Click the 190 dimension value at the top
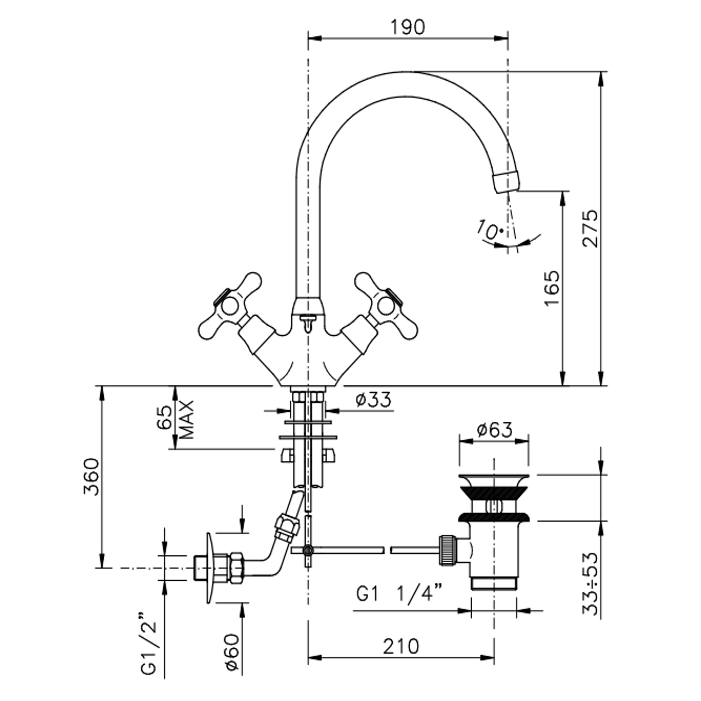(407, 27)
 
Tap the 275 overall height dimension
(590, 228)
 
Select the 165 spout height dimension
(552, 288)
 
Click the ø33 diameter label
(373, 399)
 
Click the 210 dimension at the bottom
(401, 646)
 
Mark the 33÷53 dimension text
(590, 583)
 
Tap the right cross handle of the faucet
(386, 305)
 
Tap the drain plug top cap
(494, 480)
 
